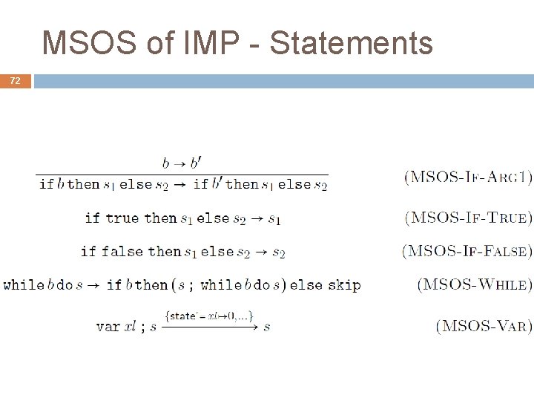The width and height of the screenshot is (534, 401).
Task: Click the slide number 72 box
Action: pyautogui.click(x=16, y=81)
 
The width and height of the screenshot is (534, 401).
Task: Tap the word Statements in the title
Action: pyautogui.click(x=352, y=43)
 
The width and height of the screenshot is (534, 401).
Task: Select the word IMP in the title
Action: pyautogui.click(x=208, y=43)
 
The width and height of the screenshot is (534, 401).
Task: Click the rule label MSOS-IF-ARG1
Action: pyautogui.click(x=468, y=177)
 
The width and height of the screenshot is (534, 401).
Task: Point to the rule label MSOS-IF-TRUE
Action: pyautogui.click(x=468, y=218)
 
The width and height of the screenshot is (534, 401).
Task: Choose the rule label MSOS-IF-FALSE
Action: pyautogui.click(x=467, y=251)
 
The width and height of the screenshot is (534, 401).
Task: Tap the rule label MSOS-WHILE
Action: pyautogui.click(x=475, y=284)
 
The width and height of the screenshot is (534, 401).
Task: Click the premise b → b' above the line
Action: pyautogui.click(x=182, y=162)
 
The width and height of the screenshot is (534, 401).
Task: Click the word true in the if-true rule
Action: pyautogui.click(x=122, y=218)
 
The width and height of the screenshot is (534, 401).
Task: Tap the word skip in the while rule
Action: pyautogui.click(x=344, y=285)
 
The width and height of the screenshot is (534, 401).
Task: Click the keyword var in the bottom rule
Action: pyautogui.click(x=108, y=327)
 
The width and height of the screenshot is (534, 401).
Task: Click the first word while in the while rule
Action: pyautogui.click(x=23, y=285)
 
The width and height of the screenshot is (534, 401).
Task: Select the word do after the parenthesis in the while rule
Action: pyautogui.click(x=262, y=285)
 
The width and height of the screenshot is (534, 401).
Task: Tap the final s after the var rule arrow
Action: pyautogui.click(x=266, y=327)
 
